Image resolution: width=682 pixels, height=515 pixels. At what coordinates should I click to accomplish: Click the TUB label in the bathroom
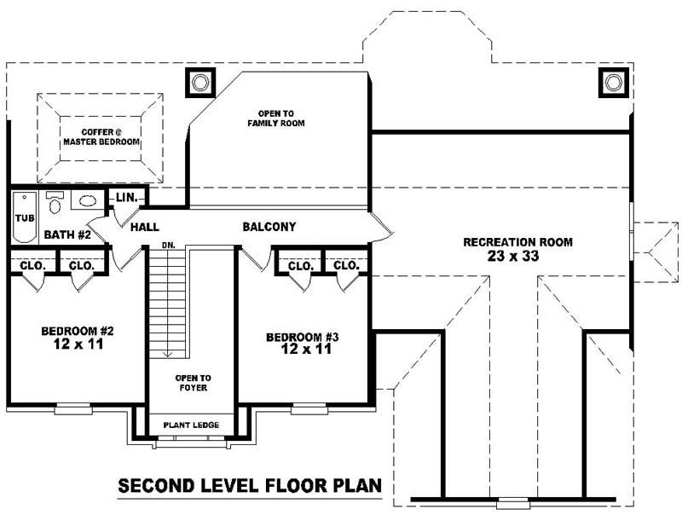coord(24,218)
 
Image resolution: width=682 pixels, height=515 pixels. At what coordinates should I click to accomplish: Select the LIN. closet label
coord(127,198)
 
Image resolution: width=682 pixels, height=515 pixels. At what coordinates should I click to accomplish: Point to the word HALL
coord(146,228)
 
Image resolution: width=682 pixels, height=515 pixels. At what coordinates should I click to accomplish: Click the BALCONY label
coord(269,227)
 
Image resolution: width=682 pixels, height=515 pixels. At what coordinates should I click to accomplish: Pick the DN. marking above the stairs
coord(168,246)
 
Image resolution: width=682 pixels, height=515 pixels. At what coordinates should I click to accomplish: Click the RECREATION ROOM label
coord(517,242)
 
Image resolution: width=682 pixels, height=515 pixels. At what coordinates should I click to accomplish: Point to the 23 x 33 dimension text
coord(517,257)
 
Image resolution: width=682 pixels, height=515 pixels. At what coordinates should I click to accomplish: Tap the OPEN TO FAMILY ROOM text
coord(276,119)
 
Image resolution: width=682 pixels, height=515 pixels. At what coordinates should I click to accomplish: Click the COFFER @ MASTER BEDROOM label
coord(101,137)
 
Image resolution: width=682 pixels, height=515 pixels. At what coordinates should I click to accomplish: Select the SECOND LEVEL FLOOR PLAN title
coord(249,488)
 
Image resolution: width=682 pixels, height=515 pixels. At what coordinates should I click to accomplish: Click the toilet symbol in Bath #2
coord(55,205)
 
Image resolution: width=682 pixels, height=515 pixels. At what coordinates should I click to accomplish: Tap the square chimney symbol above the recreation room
coord(613,82)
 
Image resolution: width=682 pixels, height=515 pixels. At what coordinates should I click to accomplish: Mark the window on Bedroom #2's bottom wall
coord(72,409)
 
